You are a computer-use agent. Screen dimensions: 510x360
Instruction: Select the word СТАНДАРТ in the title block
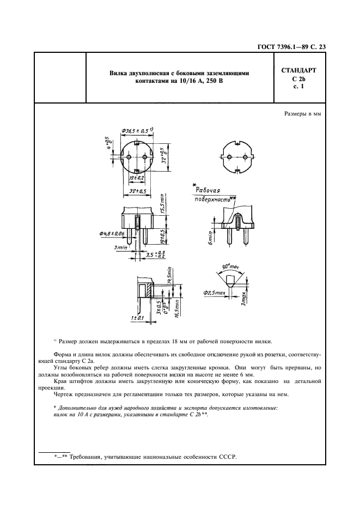[x=298, y=71]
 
